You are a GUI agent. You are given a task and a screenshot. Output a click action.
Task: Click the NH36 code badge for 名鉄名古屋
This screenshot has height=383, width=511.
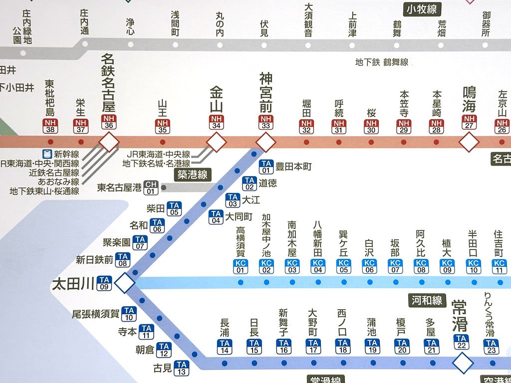[x=108, y=122]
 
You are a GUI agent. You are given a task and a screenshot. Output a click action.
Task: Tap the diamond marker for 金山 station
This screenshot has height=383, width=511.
[x=216, y=143]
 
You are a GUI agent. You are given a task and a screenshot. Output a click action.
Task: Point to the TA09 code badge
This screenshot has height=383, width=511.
[x=104, y=283]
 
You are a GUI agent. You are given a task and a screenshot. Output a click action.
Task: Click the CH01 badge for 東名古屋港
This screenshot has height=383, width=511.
[x=151, y=188]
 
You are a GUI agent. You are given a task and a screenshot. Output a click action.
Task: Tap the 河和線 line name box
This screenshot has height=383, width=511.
[x=427, y=300]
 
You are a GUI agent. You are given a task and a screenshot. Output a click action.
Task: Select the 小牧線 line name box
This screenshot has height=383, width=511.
[x=422, y=9]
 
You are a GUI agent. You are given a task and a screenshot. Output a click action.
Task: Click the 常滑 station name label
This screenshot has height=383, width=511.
[x=460, y=315]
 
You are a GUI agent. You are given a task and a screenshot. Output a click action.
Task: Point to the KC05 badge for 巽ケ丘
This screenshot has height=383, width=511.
[x=343, y=266]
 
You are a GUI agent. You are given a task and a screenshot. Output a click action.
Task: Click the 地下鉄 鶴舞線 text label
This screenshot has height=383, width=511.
[x=382, y=62]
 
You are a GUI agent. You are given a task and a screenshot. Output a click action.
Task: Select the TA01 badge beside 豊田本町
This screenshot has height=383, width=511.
[x=266, y=167]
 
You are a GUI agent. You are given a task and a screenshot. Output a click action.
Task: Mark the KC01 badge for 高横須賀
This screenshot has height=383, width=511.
[x=241, y=266]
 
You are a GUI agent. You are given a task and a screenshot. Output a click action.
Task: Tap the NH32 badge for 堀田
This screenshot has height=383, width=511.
[x=306, y=127]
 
